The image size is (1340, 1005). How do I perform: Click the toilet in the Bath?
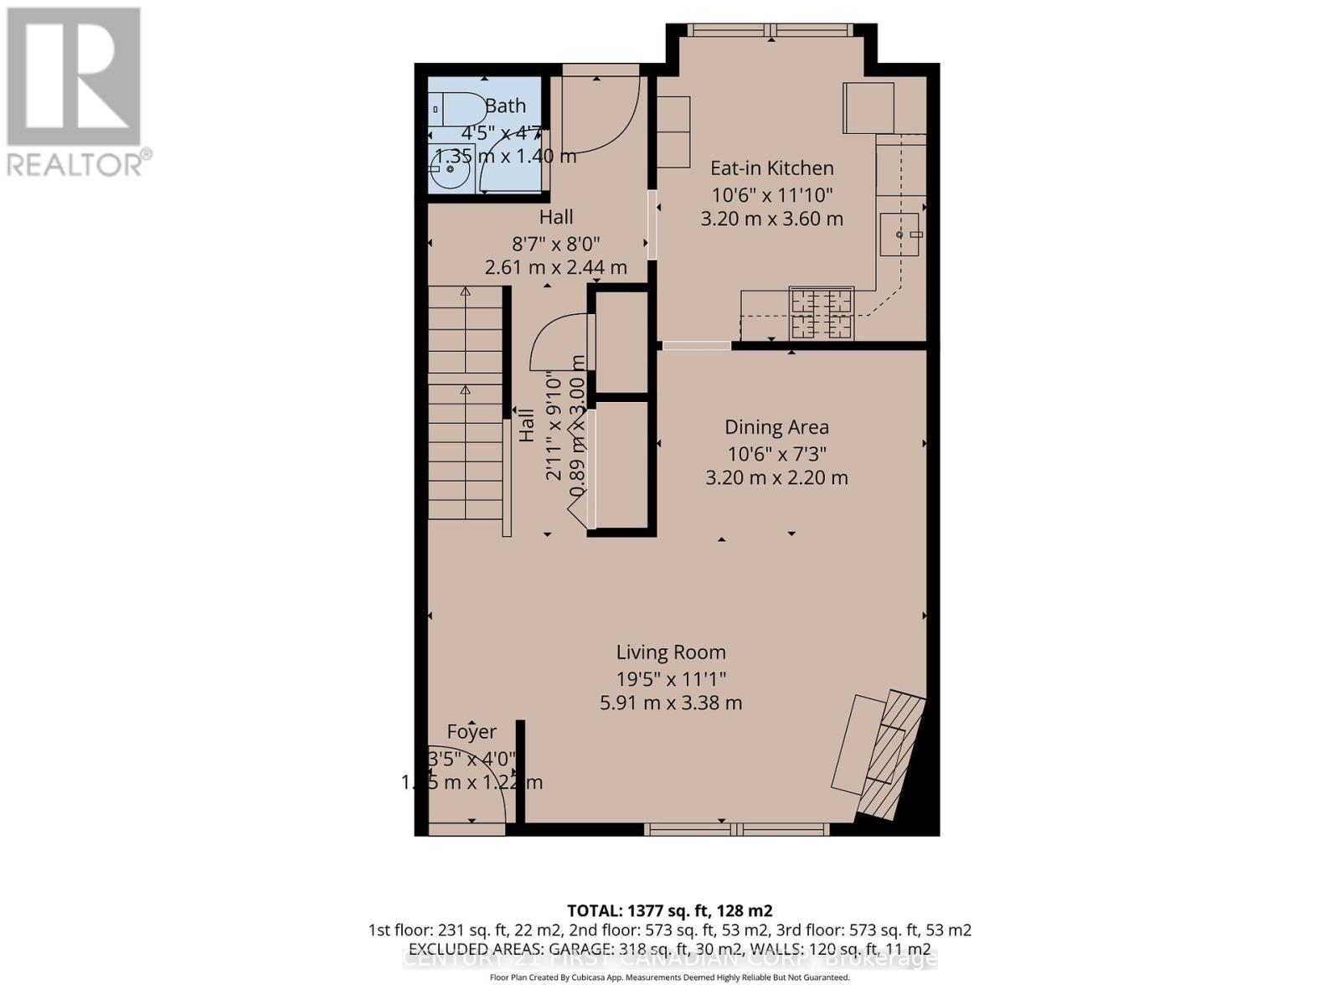click(x=457, y=110)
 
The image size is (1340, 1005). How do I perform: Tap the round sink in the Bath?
click(x=450, y=169)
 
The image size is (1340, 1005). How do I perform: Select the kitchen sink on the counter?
click(x=900, y=234)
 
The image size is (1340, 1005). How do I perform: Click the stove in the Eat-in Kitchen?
click(x=822, y=313)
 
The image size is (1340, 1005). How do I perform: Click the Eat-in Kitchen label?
click(x=771, y=168)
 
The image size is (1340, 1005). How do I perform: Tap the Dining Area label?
click(x=776, y=427)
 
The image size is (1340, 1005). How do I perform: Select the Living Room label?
click(x=671, y=652)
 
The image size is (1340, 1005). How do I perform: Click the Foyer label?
click(x=472, y=732)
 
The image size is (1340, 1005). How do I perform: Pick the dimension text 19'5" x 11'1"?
click(x=671, y=678)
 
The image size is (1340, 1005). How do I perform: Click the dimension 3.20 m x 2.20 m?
click(x=776, y=478)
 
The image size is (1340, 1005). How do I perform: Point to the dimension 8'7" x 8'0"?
click(x=556, y=244)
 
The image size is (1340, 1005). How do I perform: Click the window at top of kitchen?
click(x=770, y=30)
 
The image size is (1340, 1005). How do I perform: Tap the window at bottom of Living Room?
click(x=736, y=829)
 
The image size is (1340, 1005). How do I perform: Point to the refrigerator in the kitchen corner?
click(x=868, y=107)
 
